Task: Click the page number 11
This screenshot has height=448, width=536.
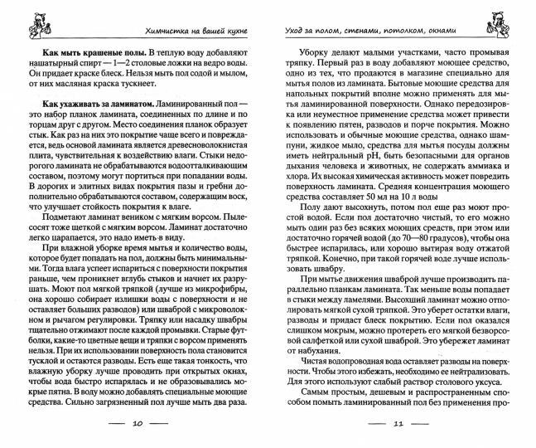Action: coord(397,424)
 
